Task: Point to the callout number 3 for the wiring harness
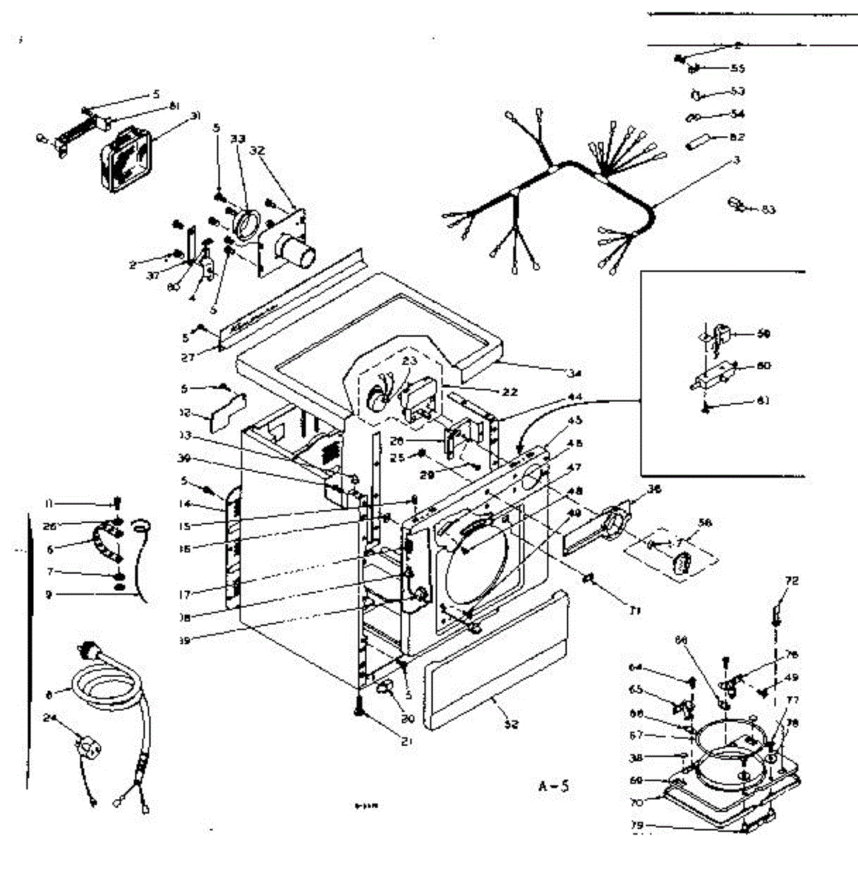(x=736, y=160)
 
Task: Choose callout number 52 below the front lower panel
(x=510, y=724)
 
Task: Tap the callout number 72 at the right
(x=791, y=581)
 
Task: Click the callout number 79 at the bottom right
(x=638, y=826)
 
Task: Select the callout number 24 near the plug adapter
(x=49, y=720)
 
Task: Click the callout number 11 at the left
(x=49, y=503)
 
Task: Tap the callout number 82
(x=736, y=137)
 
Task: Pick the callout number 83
(x=768, y=210)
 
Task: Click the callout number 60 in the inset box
(x=764, y=366)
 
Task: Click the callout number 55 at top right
(x=737, y=68)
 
